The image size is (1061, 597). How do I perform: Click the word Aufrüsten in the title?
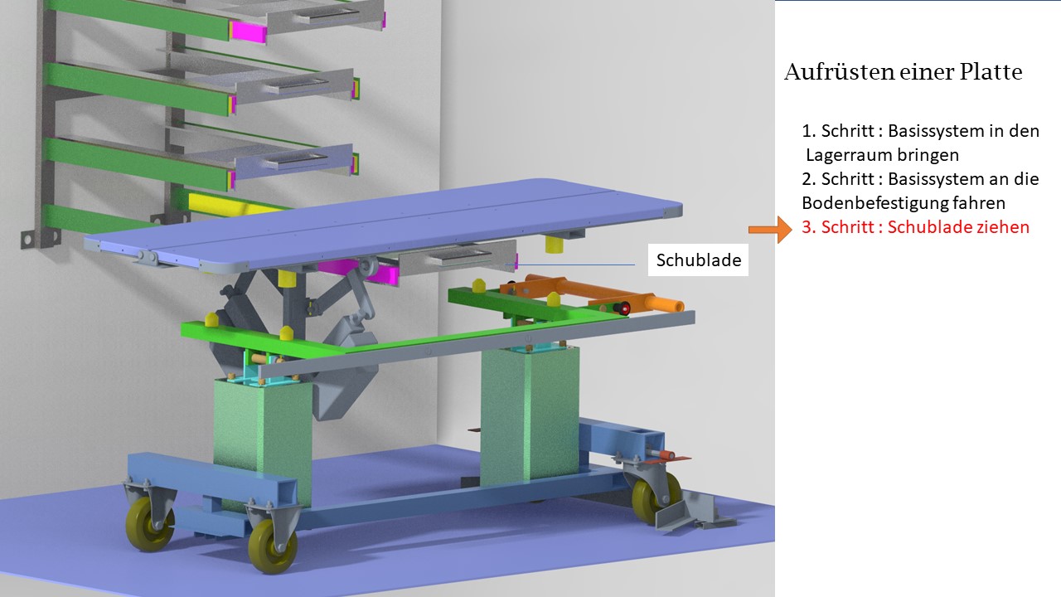(x=838, y=72)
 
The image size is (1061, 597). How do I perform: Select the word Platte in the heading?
(x=991, y=72)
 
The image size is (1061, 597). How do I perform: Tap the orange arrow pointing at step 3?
(x=770, y=230)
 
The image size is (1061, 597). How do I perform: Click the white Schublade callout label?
(x=698, y=260)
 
